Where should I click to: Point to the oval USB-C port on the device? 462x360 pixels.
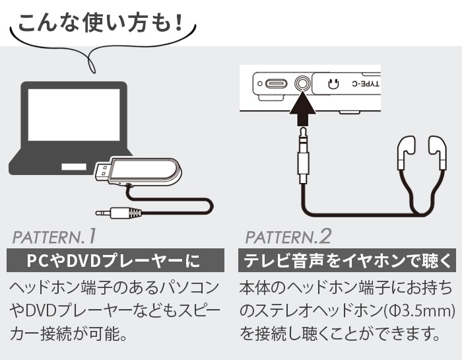point(276,84)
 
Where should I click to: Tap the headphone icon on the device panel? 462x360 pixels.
point(333,84)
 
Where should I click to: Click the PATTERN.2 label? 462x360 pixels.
point(288,236)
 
